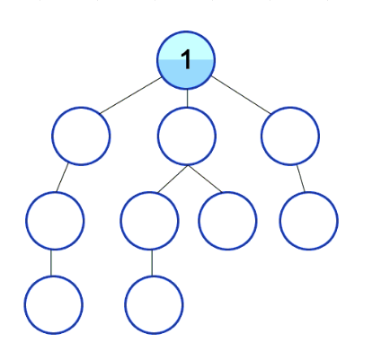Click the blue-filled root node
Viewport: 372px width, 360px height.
(x=186, y=60)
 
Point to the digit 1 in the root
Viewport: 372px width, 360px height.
(x=186, y=60)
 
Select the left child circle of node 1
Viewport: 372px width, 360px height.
(x=81, y=136)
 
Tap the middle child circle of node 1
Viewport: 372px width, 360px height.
(x=187, y=136)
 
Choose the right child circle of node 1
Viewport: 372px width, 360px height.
(x=290, y=136)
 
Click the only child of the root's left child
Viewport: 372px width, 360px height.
(x=55, y=221)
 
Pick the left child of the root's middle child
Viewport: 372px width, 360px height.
(x=149, y=221)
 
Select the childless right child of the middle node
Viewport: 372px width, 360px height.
(x=227, y=221)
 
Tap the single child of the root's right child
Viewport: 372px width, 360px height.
(x=309, y=221)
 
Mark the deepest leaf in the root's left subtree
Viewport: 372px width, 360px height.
(x=54, y=305)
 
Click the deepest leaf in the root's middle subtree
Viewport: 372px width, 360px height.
(x=154, y=305)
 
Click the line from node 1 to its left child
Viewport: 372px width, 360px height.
(x=131, y=96)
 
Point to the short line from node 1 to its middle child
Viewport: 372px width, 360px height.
(x=187, y=99)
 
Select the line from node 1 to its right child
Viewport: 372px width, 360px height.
(x=241, y=95)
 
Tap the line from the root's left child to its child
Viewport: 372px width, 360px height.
(x=62, y=178)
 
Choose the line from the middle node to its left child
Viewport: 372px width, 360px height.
(x=173, y=179)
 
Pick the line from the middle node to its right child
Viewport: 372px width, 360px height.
(x=205, y=179)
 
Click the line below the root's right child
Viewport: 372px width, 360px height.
(x=301, y=179)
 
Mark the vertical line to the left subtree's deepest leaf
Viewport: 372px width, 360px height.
(x=51, y=263)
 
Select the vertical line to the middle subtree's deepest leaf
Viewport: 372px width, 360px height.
(x=152, y=263)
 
